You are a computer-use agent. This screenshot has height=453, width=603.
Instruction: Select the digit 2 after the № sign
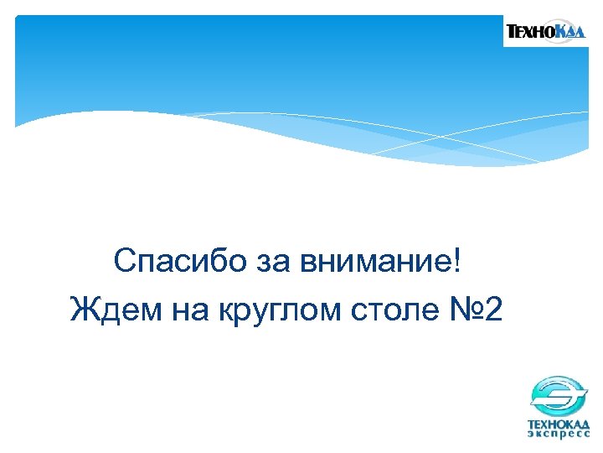(493, 310)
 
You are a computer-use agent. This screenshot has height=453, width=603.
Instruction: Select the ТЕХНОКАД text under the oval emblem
(558, 423)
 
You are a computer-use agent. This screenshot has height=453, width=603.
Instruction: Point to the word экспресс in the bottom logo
(558, 434)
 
